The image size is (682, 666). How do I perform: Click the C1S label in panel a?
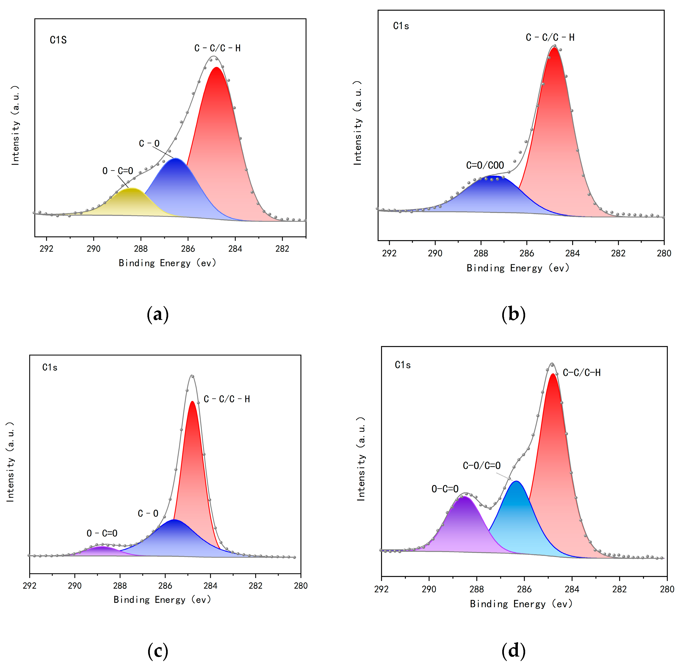click(x=58, y=40)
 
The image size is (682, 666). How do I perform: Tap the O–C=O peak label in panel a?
click(x=118, y=171)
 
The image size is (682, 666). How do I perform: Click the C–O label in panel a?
click(x=149, y=143)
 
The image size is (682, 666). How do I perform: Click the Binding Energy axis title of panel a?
click(x=167, y=263)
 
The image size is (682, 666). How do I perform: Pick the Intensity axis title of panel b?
click(x=357, y=123)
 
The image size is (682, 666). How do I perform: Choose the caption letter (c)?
click(x=158, y=651)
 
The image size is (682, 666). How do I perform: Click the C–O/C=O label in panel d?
click(x=481, y=466)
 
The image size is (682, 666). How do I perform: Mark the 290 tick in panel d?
click(x=429, y=590)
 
